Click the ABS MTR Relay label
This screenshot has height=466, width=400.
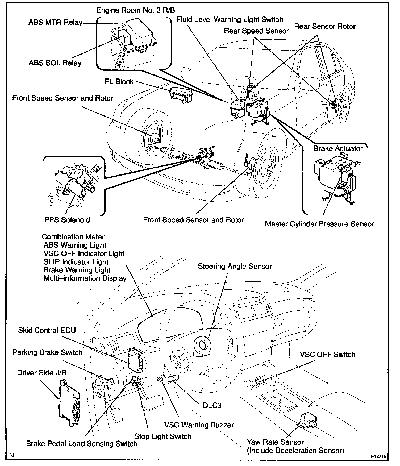pos(55,22)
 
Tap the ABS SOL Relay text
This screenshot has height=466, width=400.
pos(55,63)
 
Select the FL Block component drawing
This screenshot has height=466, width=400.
pos(181,94)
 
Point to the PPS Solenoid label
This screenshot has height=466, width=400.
pos(67,220)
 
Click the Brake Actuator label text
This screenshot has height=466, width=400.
pos(338,148)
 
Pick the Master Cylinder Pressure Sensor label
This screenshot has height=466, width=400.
pos(319,224)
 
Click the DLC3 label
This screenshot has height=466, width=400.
pos(212,406)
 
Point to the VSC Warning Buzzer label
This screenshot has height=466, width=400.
pos(199,425)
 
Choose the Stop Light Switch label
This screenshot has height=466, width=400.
pos(163,436)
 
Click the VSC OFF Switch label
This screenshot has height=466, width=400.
pos(327,355)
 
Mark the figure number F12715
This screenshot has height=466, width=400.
pos(378,456)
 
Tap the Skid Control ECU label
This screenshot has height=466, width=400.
pos(47,330)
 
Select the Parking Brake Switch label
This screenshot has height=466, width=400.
pos(47,352)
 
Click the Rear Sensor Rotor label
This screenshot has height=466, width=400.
pos(325,27)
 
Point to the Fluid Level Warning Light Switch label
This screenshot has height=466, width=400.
pos(230,20)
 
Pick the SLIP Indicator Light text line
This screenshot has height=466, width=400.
pos(76,262)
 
